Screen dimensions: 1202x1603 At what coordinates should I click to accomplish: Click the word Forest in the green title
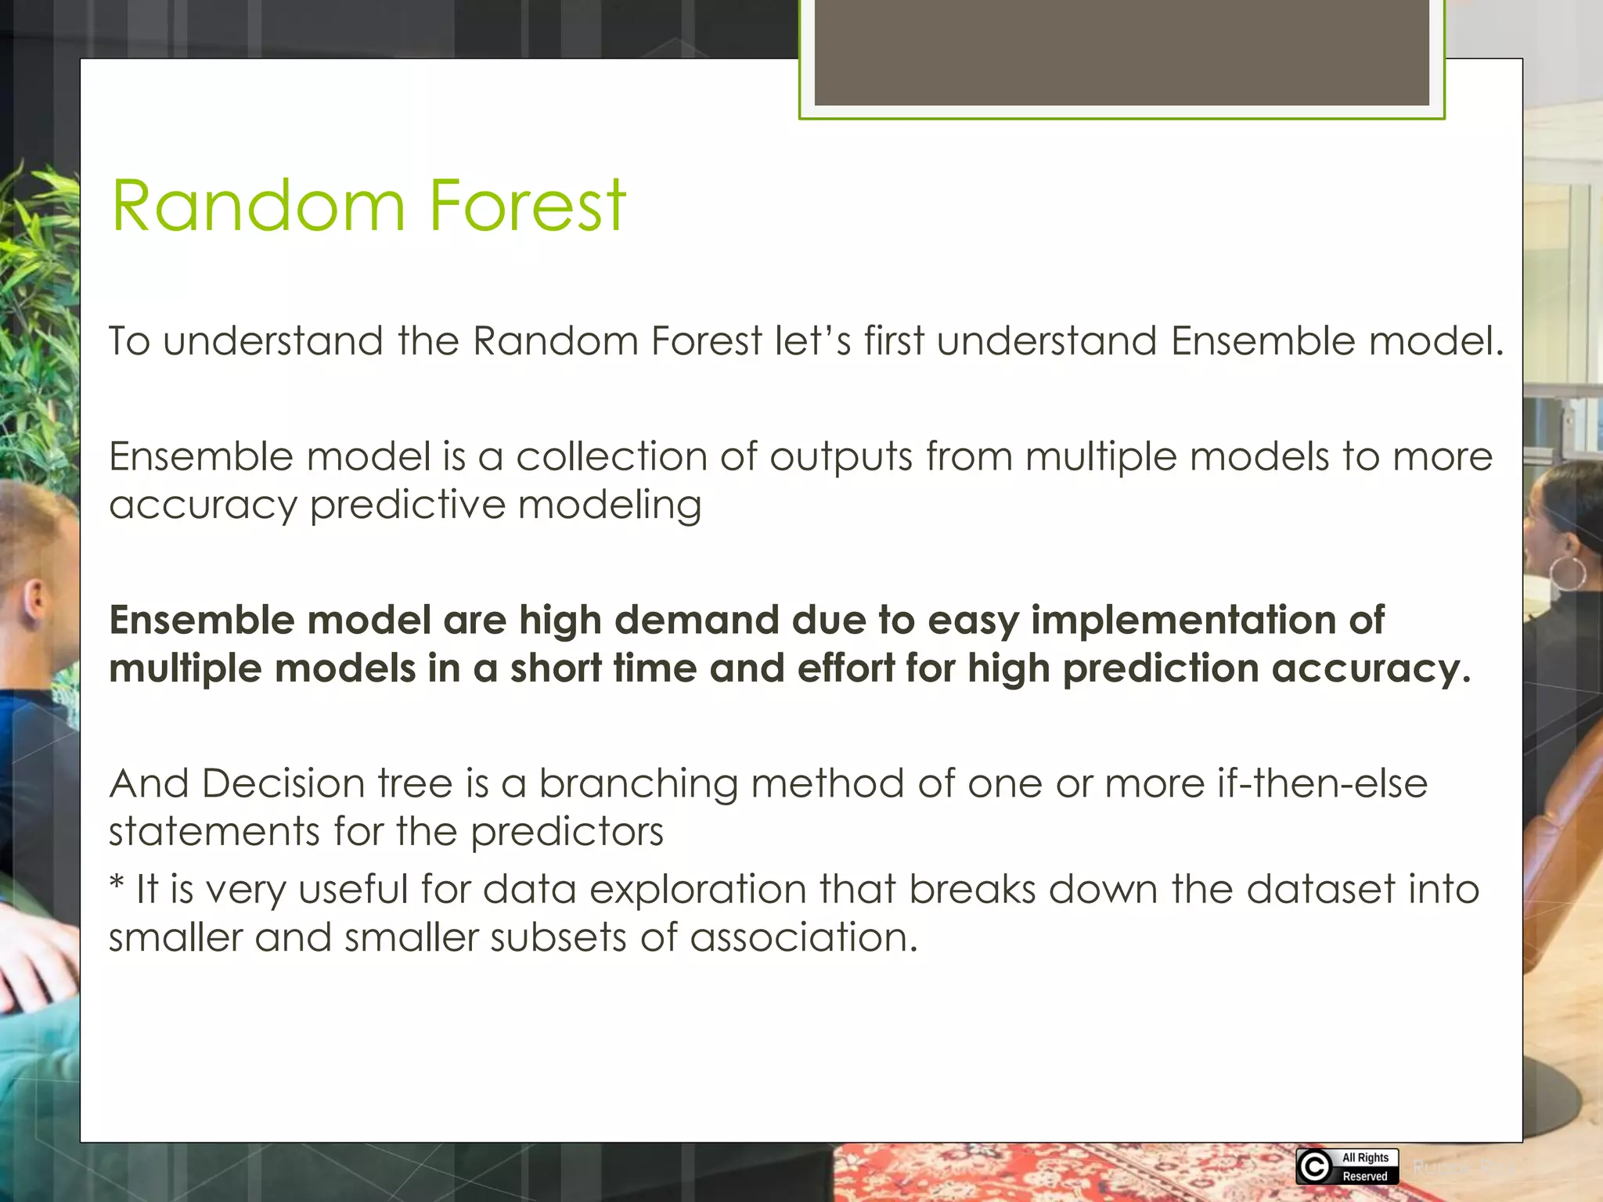(x=527, y=206)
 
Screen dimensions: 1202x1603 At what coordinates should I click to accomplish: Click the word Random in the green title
(x=258, y=206)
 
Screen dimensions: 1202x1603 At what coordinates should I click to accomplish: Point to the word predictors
(x=567, y=832)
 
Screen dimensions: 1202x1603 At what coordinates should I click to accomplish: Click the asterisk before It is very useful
(x=117, y=884)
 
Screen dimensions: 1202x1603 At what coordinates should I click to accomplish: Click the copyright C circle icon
(x=1314, y=1167)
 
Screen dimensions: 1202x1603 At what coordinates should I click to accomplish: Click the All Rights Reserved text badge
(x=1365, y=1167)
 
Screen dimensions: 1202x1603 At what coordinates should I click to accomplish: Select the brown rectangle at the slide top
(x=1121, y=52)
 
